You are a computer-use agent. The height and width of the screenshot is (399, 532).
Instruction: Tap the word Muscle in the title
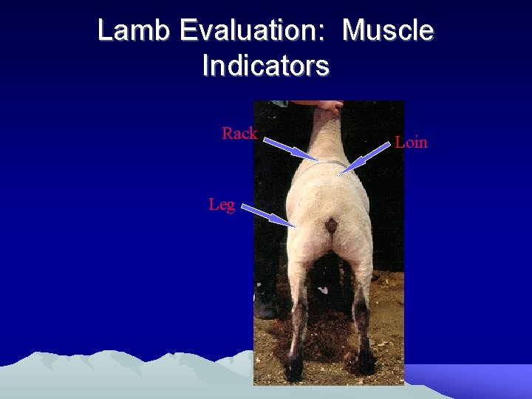(388, 31)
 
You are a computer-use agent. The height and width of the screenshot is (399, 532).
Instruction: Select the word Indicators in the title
(265, 66)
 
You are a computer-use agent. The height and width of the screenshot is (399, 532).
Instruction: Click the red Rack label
(239, 134)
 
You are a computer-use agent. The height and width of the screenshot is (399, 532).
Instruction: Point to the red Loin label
(411, 142)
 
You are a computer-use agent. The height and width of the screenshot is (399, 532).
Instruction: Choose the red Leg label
(222, 204)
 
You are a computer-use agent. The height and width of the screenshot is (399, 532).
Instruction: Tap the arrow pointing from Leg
(268, 216)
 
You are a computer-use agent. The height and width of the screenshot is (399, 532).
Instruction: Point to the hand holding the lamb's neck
(330, 107)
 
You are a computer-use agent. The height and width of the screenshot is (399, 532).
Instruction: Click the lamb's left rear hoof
(294, 365)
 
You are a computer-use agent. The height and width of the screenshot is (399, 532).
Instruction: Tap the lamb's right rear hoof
(364, 362)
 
